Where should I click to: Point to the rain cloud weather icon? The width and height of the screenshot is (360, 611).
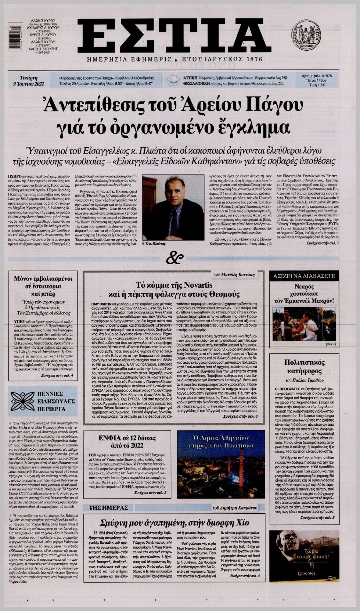[x=173, y=80]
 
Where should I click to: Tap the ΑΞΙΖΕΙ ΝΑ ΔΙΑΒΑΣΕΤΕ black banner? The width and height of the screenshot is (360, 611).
[x=304, y=276]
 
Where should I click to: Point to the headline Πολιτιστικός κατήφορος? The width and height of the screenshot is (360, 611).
[x=305, y=367]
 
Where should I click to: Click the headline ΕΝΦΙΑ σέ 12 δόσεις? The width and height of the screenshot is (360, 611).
[x=127, y=442]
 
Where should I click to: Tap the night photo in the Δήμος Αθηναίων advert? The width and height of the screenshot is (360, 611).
[x=221, y=474]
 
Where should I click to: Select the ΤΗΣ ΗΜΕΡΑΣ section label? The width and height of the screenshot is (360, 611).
[x=108, y=508]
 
